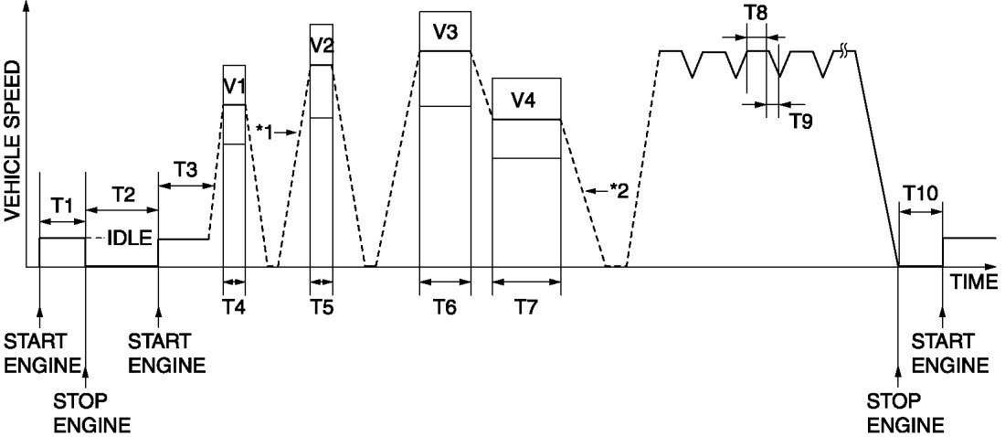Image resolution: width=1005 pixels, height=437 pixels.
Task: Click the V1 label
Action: click(235, 87)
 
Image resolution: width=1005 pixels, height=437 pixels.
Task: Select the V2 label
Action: click(322, 45)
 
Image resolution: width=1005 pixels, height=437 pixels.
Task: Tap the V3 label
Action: click(445, 32)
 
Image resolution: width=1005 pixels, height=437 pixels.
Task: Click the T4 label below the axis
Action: click(235, 307)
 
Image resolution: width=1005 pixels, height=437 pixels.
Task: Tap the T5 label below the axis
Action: click(322, 307)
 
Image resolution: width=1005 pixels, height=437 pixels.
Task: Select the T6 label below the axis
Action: click(445, 307)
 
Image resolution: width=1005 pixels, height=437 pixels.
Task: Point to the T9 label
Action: click(801, 122)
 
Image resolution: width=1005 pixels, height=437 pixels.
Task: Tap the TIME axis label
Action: click(972, 282)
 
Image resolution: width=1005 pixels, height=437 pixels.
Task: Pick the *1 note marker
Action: click(267, 130)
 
